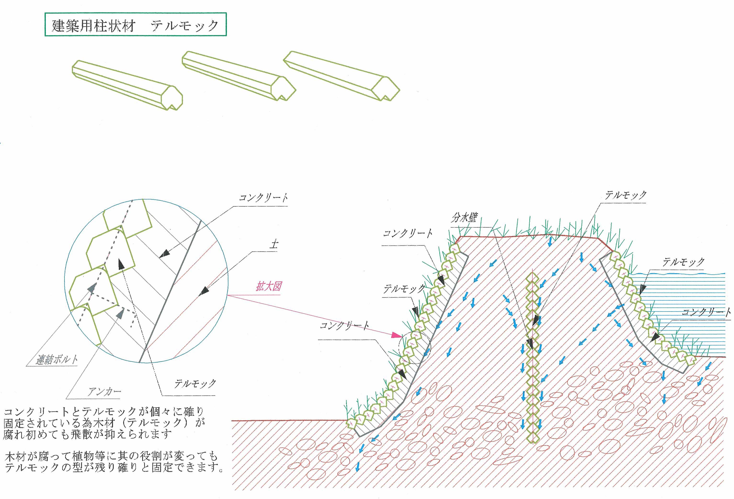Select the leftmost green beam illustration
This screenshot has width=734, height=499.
(127, 85)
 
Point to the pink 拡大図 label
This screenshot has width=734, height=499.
(268, 287)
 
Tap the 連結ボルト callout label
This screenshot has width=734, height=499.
(57, 360)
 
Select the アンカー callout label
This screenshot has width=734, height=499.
(105, 392)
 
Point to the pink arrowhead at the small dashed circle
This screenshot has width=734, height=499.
(397, 335)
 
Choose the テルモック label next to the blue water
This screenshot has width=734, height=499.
(683, 262)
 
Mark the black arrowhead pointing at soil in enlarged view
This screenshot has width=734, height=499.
(204, 290)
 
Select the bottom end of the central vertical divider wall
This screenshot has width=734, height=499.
(533, 442)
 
